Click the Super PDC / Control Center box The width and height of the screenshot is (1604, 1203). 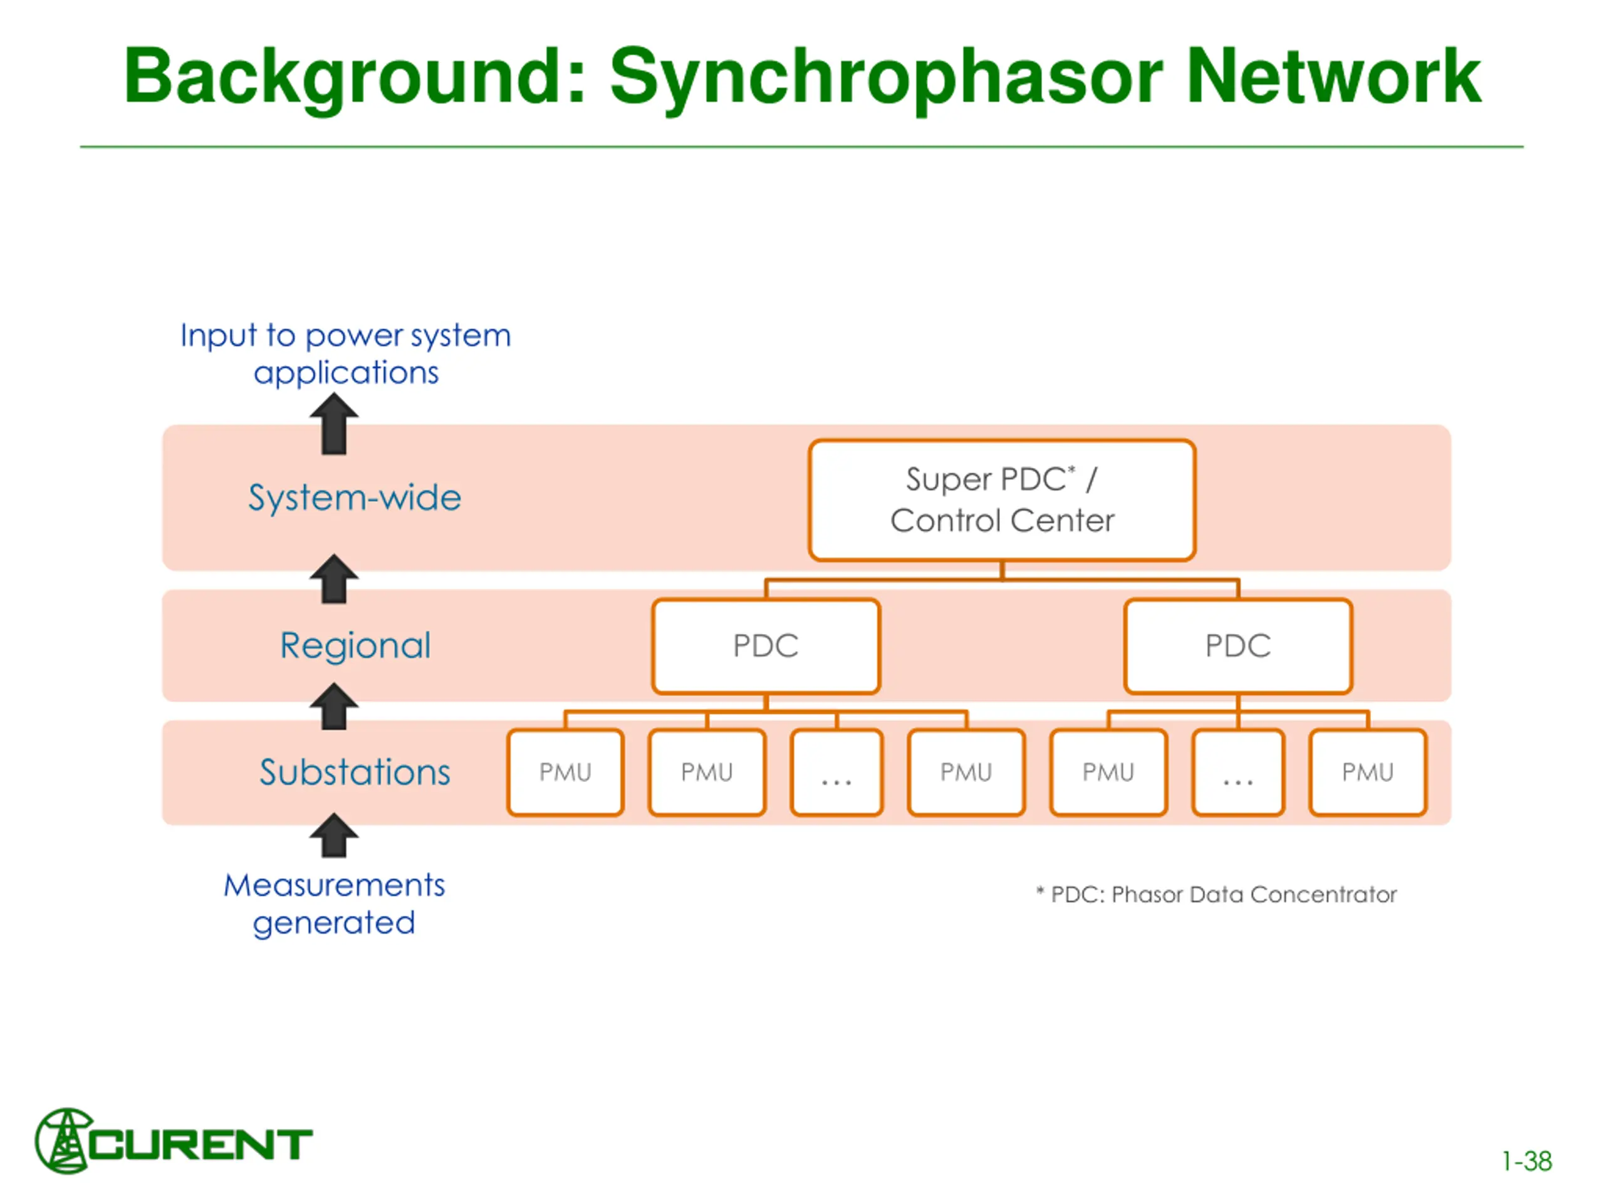point(1001,501)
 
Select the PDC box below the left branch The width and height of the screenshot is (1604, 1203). point(766,646)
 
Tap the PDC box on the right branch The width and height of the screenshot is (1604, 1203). point(1238,646)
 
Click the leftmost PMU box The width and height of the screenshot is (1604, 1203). point(566,773)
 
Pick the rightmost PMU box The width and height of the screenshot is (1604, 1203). point(1368,773)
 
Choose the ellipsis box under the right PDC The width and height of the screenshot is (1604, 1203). point(1238,773)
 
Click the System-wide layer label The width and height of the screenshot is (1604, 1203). point(355,498)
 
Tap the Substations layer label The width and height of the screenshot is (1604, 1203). point(355,773)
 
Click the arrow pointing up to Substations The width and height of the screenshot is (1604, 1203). point(333,835)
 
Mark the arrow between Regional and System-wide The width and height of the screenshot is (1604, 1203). point(333,579)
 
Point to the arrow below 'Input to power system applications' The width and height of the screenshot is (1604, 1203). point(333,424)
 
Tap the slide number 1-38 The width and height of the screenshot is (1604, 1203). point(1526,1162)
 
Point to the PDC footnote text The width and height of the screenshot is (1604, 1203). point(1216,895)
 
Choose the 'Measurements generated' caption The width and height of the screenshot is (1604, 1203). point(333,904)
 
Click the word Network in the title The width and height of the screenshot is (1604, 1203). point(1333,77)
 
